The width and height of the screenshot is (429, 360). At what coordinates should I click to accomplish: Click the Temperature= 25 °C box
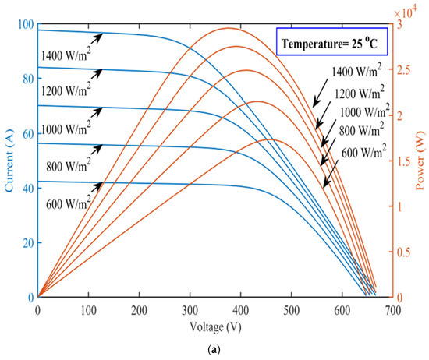coord(330,42)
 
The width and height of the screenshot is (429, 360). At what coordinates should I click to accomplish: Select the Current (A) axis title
coord(10,161)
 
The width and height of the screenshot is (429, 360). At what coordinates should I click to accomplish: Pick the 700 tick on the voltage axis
coord(392,309)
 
